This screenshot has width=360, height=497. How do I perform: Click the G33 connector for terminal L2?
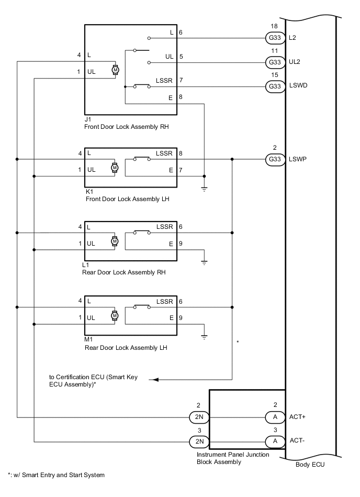[275, 38]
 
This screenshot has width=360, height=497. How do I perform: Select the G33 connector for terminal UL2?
[275, 62]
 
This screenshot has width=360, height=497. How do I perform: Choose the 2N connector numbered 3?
[198, 441]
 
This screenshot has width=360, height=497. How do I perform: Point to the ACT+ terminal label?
[298, 417]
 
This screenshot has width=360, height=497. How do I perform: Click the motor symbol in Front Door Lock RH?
[116, 70]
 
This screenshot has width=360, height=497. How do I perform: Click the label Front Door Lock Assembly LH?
[129, 200]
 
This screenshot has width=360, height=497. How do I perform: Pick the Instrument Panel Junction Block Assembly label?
[239, 458]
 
